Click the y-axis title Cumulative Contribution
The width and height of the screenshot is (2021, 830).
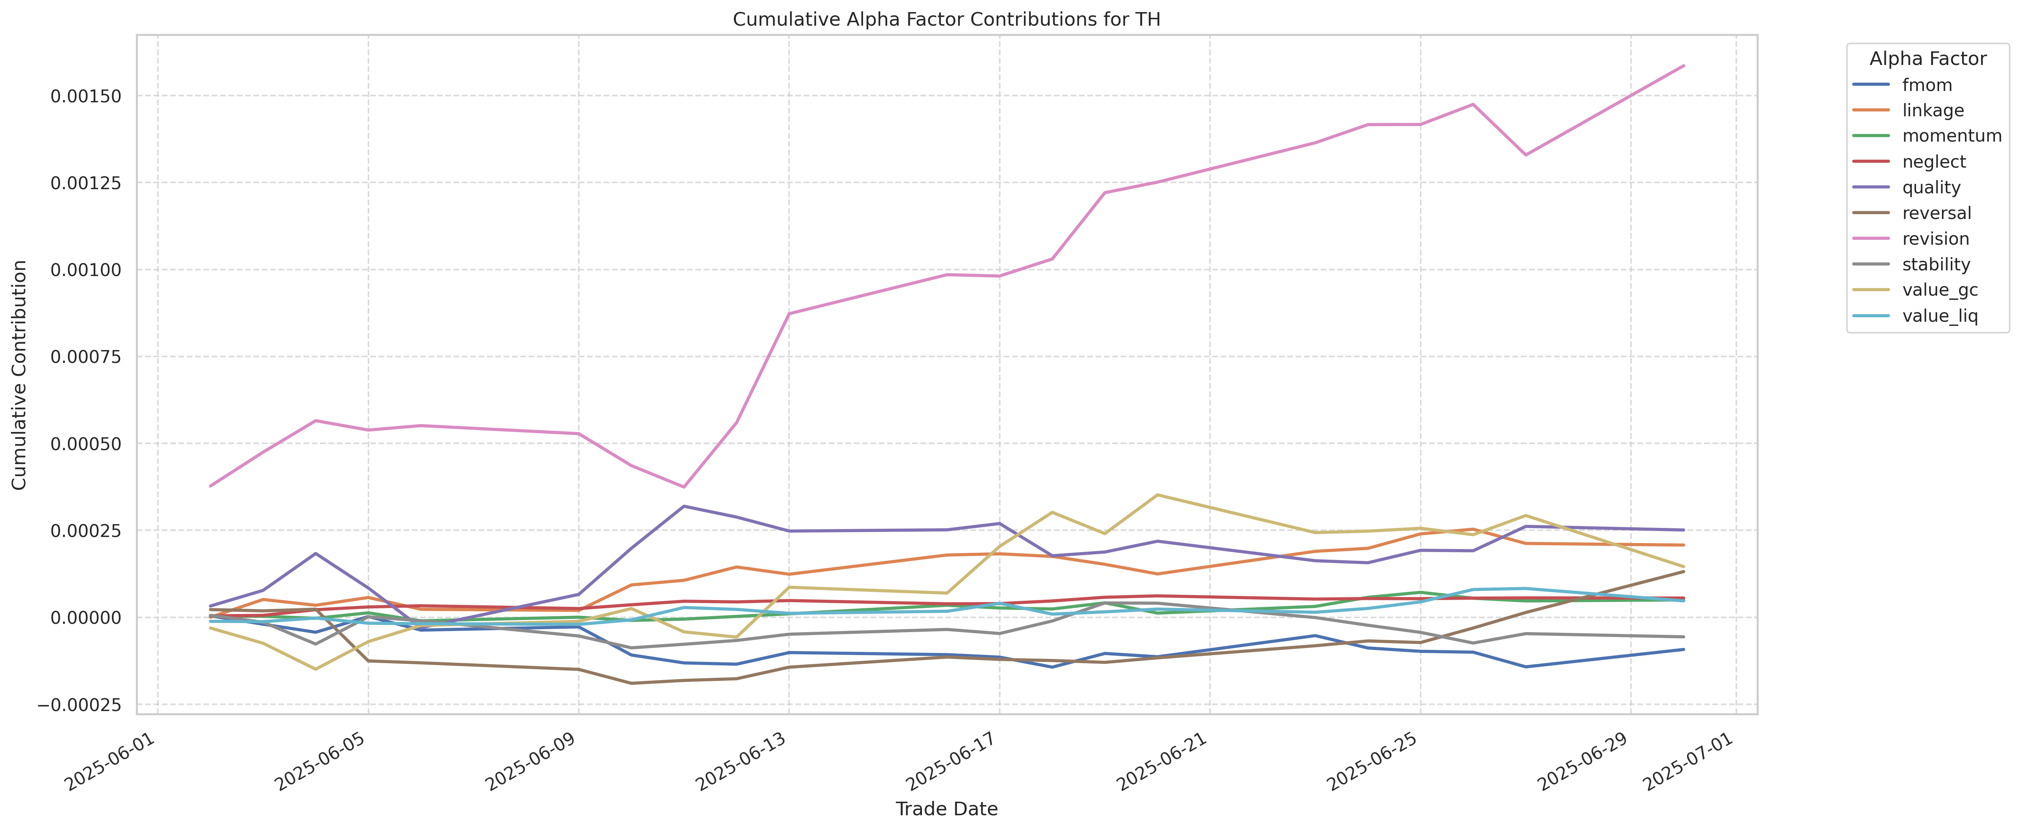[x=20, y=375]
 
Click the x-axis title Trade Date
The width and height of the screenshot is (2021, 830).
[x=946, y=809]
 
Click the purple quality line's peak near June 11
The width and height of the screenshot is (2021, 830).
[x=684, y=506]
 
